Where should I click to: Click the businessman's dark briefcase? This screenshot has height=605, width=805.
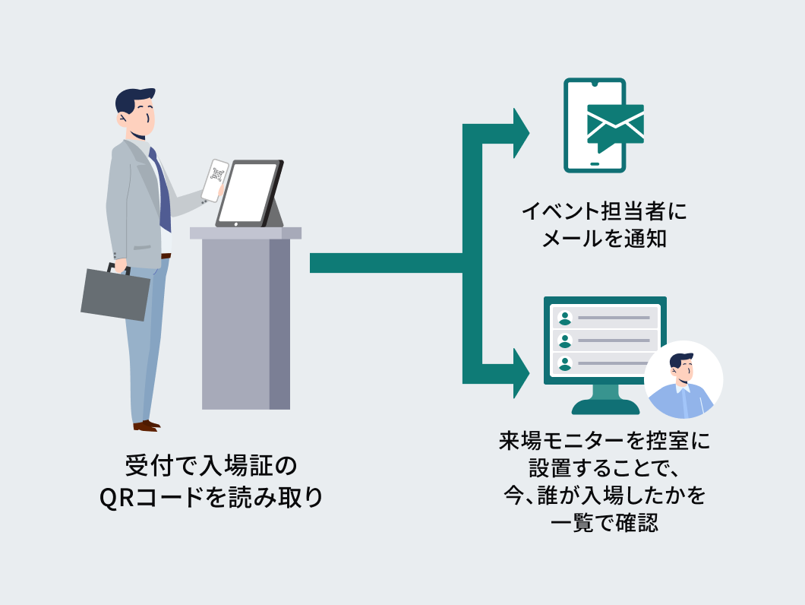click(115, 293)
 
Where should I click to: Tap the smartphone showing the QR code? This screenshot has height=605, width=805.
click(215, 180)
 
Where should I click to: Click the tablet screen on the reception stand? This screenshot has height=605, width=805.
click(247, 193)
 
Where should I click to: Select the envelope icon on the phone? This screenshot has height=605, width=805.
click(615, 123)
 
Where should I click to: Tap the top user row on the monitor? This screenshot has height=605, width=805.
click(605, 317)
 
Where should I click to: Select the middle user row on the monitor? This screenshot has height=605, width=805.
click(605, 340)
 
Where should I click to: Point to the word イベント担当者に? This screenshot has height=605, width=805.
click(604, 211)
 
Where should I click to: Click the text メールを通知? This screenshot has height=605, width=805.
click(604, 239)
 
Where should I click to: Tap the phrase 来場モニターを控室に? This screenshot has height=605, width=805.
click(605, 441)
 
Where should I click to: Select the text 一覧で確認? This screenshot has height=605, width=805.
click(604, 523)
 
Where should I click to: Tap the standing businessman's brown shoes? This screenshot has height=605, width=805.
click(146, 425)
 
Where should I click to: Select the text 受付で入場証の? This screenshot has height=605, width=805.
click(212, 464)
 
